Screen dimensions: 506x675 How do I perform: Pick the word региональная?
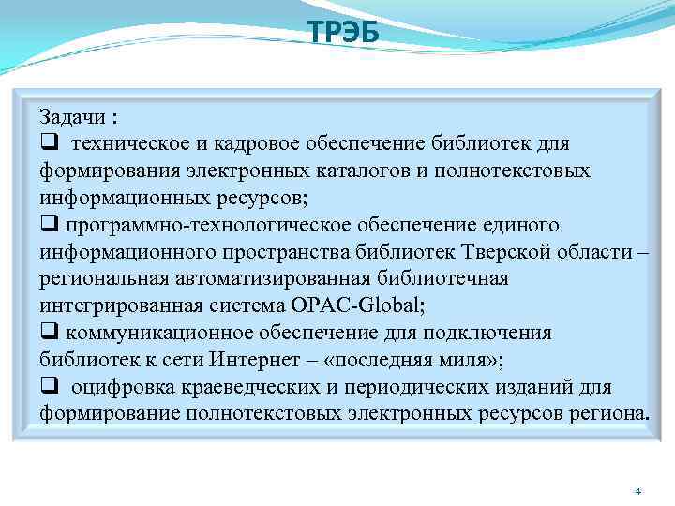click(101, 280)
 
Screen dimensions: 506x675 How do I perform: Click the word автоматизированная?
click(290, 280)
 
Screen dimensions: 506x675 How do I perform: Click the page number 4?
click(637, 491)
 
